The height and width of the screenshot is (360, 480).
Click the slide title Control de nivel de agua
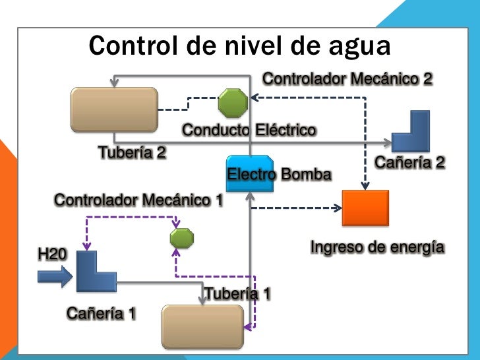tap(240, 46)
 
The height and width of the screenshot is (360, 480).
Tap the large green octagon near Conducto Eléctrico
tap(233, 103)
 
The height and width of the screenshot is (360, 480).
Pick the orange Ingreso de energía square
tap(365, 208)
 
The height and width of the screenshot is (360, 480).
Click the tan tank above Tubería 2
tap(114, 110)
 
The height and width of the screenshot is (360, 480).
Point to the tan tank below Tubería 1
tap(202, 326)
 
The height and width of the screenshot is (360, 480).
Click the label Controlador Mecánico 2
tap(347, 79)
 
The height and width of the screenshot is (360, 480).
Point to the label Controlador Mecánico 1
tap(138, 199)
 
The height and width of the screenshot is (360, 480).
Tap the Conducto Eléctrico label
tap(249, 130)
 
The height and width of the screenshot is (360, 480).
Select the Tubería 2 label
tap(132, 153)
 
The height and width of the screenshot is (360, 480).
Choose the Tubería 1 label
tap(237, 293)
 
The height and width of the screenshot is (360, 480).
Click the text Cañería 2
tap(409, 162)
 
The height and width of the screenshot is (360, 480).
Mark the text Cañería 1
tap(101, 313)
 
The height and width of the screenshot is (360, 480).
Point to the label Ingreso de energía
tap(377, 248)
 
